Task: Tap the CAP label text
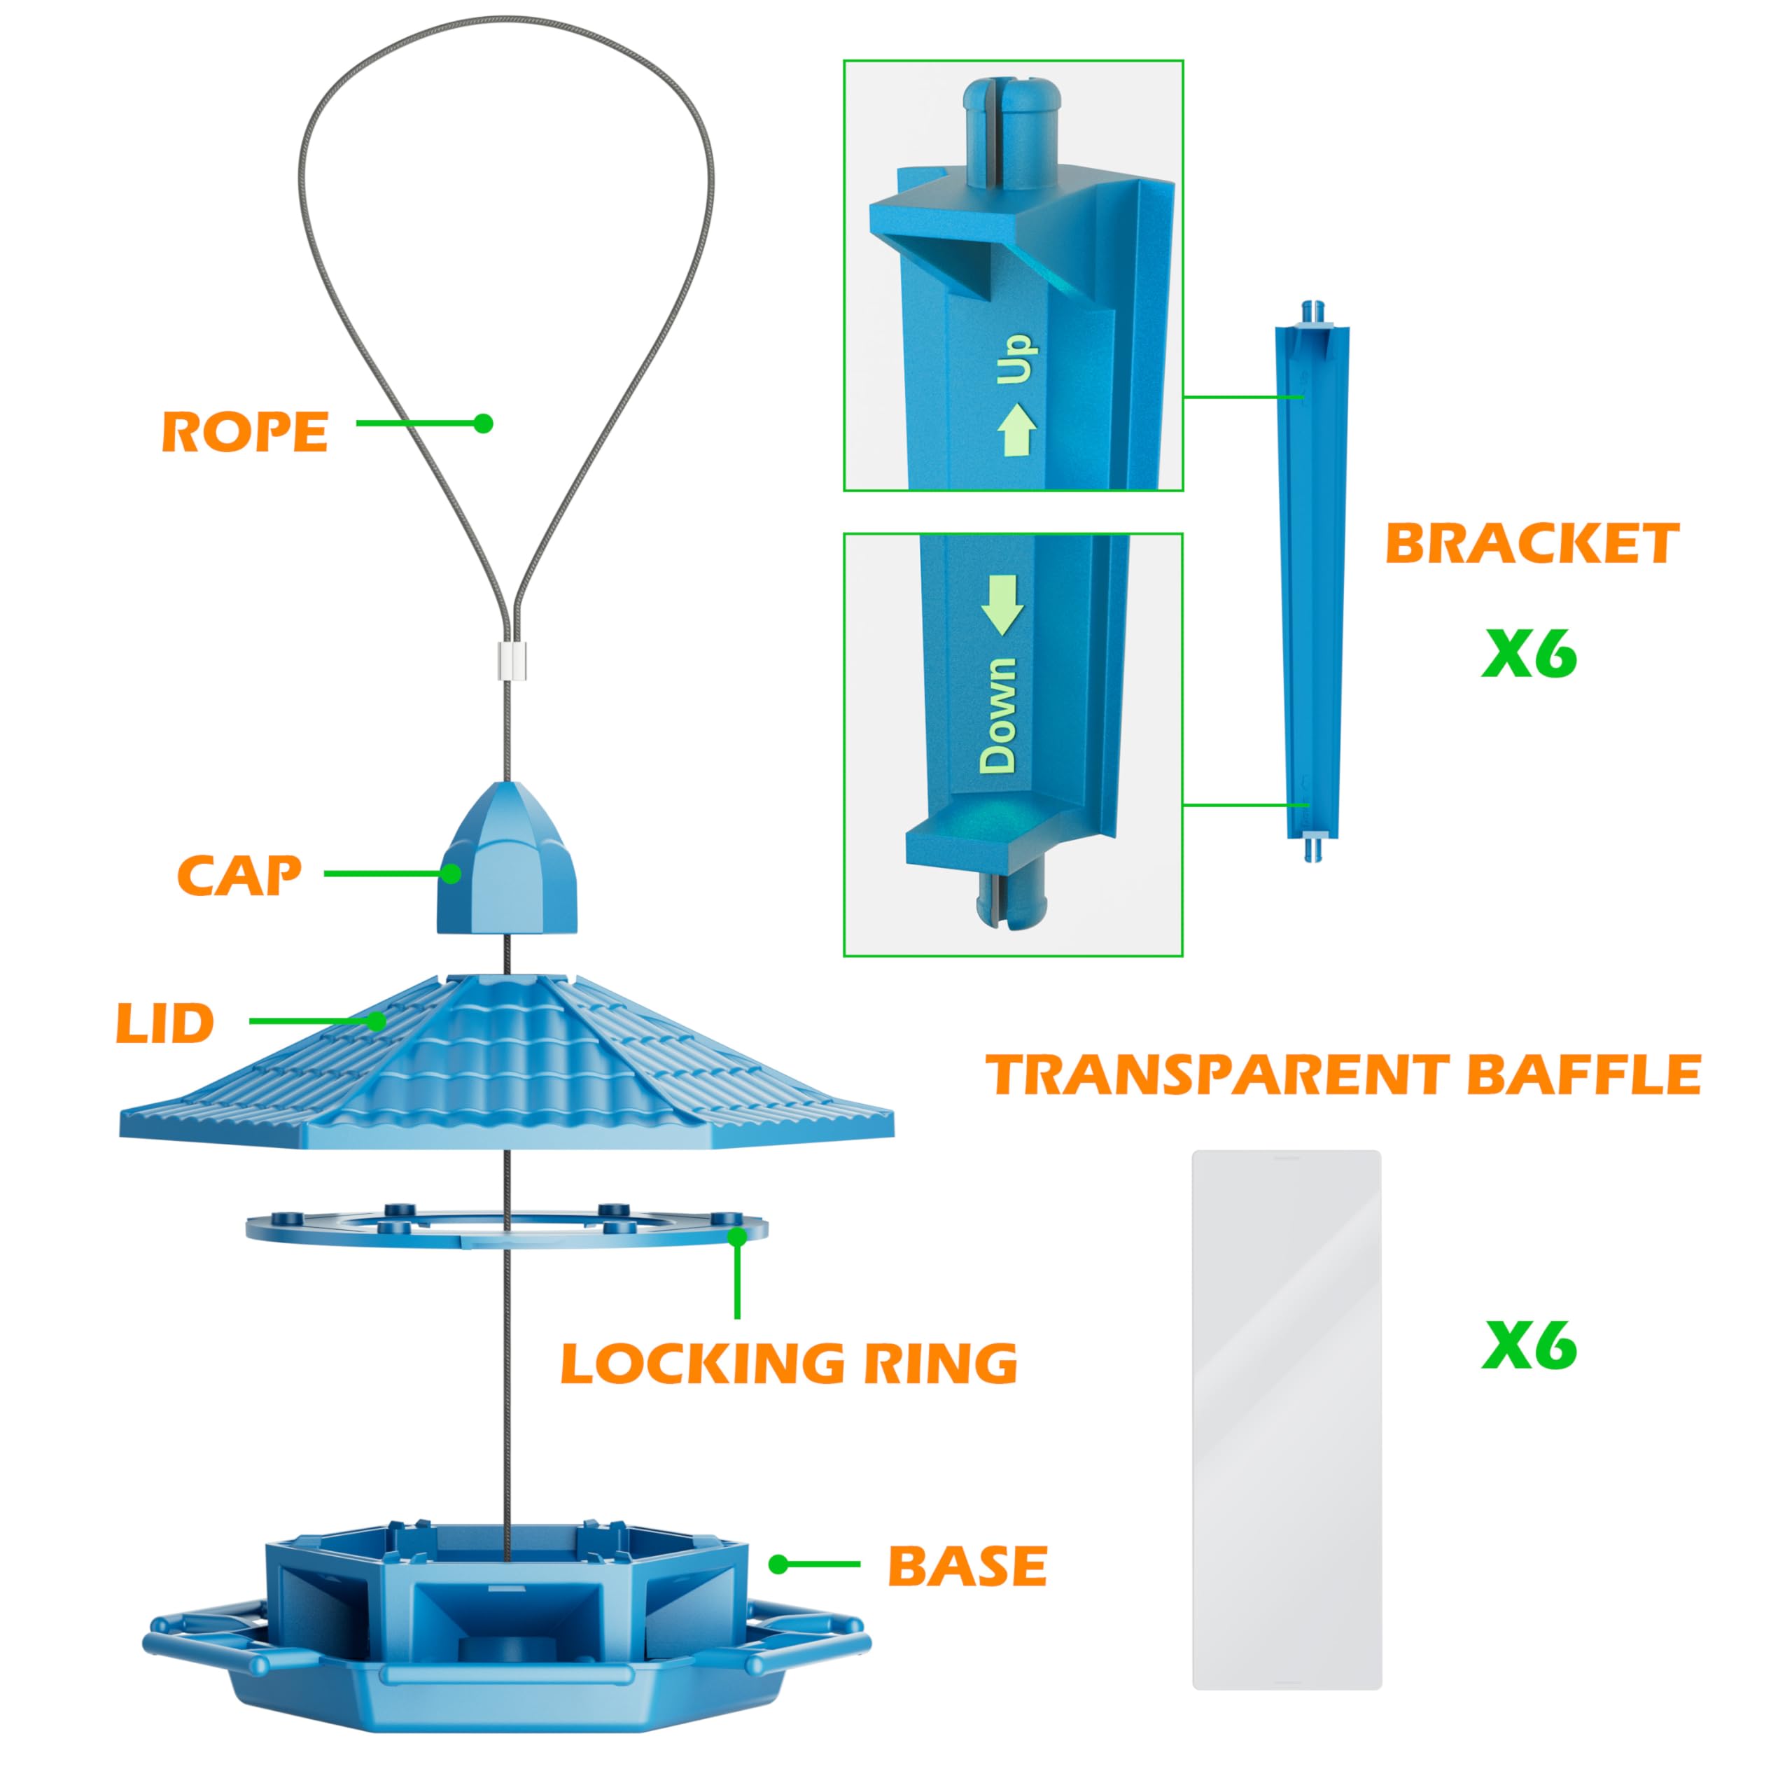tap(239, 876)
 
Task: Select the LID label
tap(165, 1024)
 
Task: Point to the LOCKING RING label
tap(788, 1364)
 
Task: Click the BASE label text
tap(967, 1567)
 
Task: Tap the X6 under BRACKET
tap(1529, 654)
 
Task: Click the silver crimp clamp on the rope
tap(508, 660)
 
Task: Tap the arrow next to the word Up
tap(1016, 429)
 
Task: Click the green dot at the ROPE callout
tap(483, 423)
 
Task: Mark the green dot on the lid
tap(377, 1021)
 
